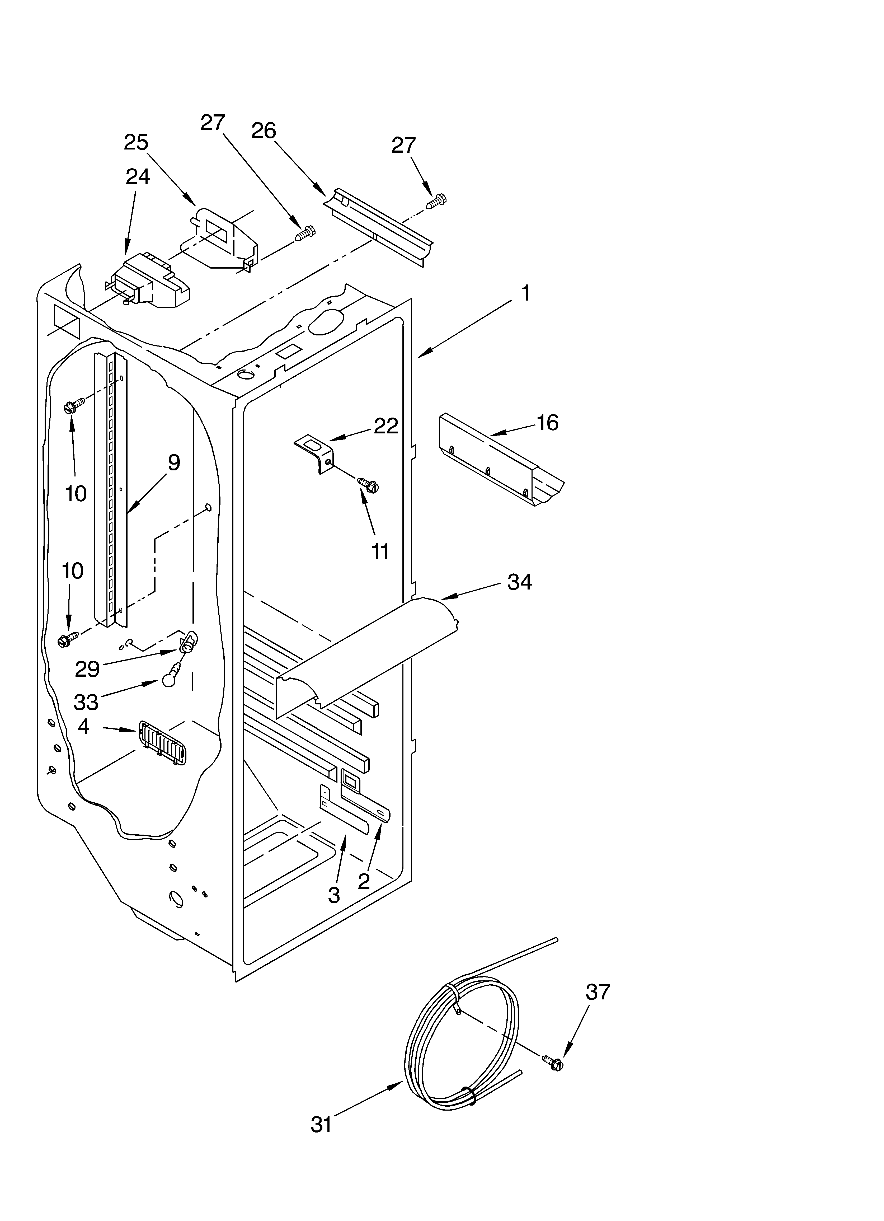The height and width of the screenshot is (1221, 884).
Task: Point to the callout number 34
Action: click(x=520, y=582)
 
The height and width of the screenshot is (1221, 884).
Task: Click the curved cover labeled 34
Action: click(x=366, y=654)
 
